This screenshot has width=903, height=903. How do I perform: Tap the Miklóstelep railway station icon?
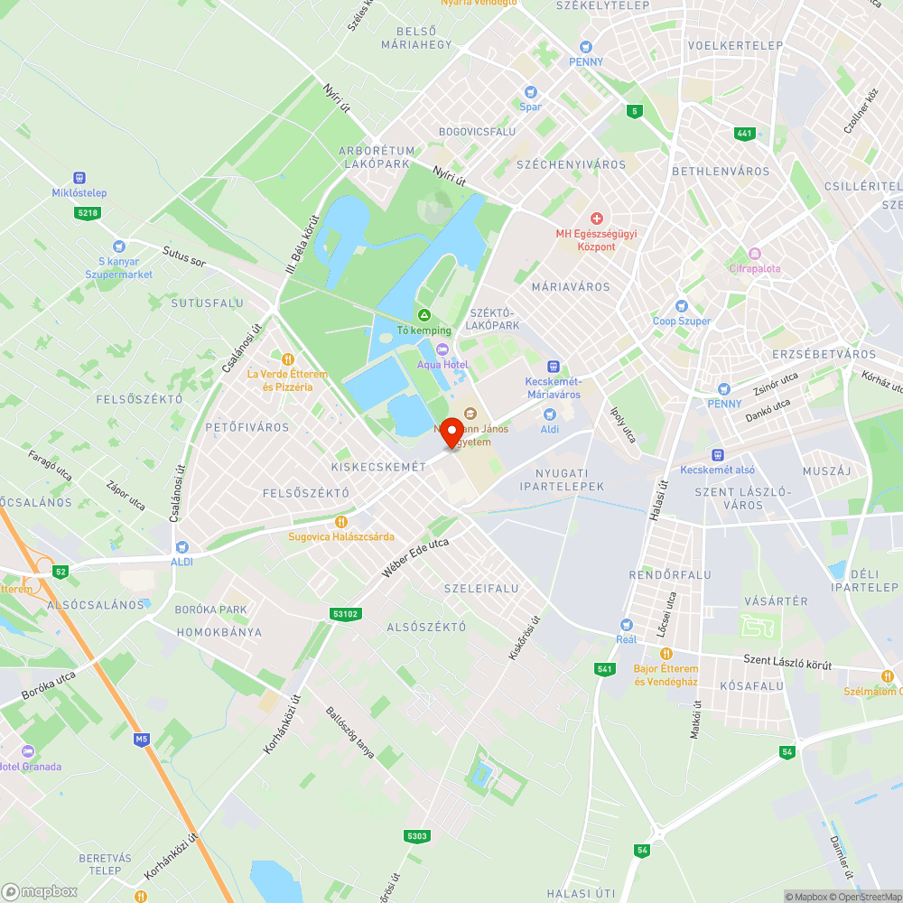click(79, 178)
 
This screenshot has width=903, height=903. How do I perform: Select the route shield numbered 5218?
click(87, 212)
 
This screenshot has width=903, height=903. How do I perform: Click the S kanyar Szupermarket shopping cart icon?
click(118, 247)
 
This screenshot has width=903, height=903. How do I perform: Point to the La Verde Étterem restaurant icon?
click(287, 358)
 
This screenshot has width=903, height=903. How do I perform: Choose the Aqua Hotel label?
click(442, 364)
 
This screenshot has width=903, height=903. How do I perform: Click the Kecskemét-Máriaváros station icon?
click(553, 366)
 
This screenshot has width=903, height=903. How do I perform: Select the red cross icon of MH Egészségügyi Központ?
click(596, 219)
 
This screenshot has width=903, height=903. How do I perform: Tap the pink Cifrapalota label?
click(755, 268)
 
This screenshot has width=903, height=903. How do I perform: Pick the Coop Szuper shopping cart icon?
click(682, 306)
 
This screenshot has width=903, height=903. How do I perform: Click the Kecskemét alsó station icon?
click(717, 455)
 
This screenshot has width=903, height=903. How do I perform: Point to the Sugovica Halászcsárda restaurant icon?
click(340, 521)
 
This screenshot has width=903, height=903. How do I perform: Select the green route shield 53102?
click(345, 614)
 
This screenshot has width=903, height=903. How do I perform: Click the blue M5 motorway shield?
click(141, 740)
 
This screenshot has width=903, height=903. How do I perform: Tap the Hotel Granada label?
click(32, 767)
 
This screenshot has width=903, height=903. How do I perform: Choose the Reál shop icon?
click(626, 624)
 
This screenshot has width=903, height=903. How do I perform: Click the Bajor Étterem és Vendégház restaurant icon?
click(666, 653)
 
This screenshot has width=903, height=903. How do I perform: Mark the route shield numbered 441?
click(744, 134)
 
